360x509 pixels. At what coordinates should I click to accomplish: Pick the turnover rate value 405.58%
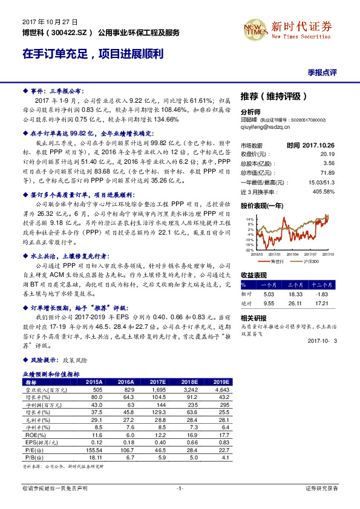click(x=322, y=191)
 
